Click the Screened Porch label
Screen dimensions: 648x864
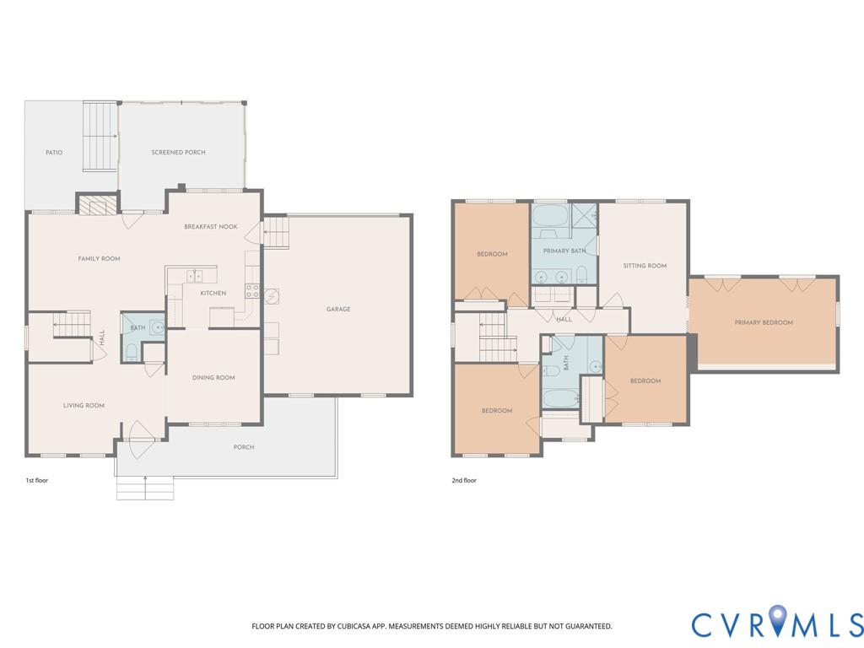click(x=178, y=153)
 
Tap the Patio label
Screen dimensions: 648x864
click(x=54, y=153)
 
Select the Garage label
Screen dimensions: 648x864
click(x=338, y=310)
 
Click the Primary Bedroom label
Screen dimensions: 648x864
click(x=763, y=322)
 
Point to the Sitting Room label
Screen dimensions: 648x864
click(x=645, y=266)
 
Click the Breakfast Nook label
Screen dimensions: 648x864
click(x=211, y=226)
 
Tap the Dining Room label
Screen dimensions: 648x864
click(x=213, y=378)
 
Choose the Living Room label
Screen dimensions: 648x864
click(x=84, y=406)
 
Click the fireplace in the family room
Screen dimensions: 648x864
click(x=94, y=205)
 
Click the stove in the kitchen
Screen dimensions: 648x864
click(x=251, y=291)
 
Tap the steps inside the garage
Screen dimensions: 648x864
click(x=277, y=231)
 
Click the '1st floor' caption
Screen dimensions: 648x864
click(x=37, y=480)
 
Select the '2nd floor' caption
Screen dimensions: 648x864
click(x=464, y=480)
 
